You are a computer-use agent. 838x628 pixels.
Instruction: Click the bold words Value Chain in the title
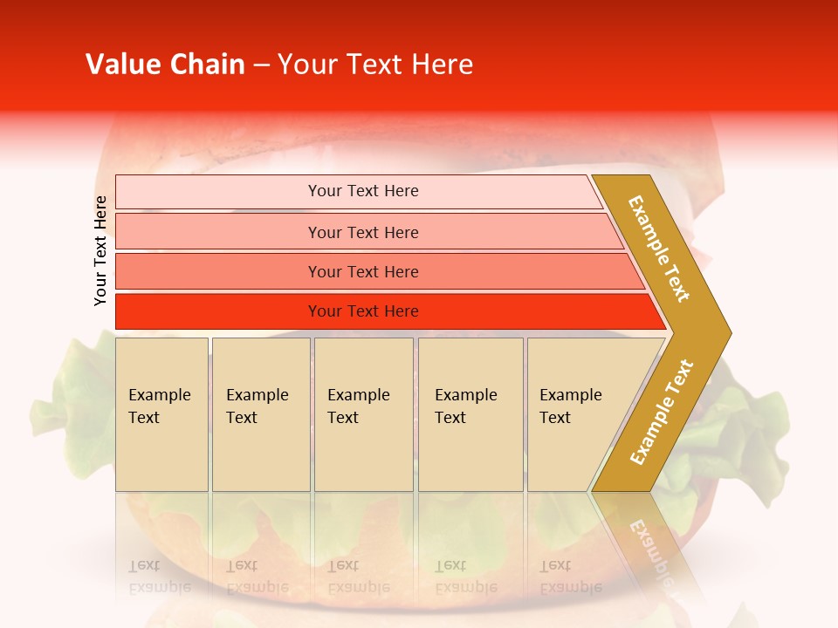click(165, 65)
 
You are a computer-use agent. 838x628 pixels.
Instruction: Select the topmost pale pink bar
click(218, 191)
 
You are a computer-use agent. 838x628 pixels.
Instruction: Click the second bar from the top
click(218, 232)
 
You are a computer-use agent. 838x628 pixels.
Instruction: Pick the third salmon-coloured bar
click(218, 271)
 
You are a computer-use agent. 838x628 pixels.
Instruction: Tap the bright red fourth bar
click(218, 311)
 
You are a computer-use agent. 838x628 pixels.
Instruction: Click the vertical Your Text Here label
click(100, 250)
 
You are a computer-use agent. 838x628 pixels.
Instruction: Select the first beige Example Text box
click(161, 414)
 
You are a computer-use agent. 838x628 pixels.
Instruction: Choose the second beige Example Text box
click(261, 414)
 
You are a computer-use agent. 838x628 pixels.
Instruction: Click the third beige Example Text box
click(363, 414)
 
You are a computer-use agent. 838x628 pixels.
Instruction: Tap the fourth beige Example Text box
click(471, 414)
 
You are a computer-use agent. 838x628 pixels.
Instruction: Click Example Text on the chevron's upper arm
click(659, 249)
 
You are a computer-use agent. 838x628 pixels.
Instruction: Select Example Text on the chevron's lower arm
click(661, 413)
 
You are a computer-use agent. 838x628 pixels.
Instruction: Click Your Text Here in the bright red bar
click(363, 311)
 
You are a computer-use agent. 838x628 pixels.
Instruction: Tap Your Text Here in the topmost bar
click(363, 191)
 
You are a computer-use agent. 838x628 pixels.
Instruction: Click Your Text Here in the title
click(375, 65)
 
